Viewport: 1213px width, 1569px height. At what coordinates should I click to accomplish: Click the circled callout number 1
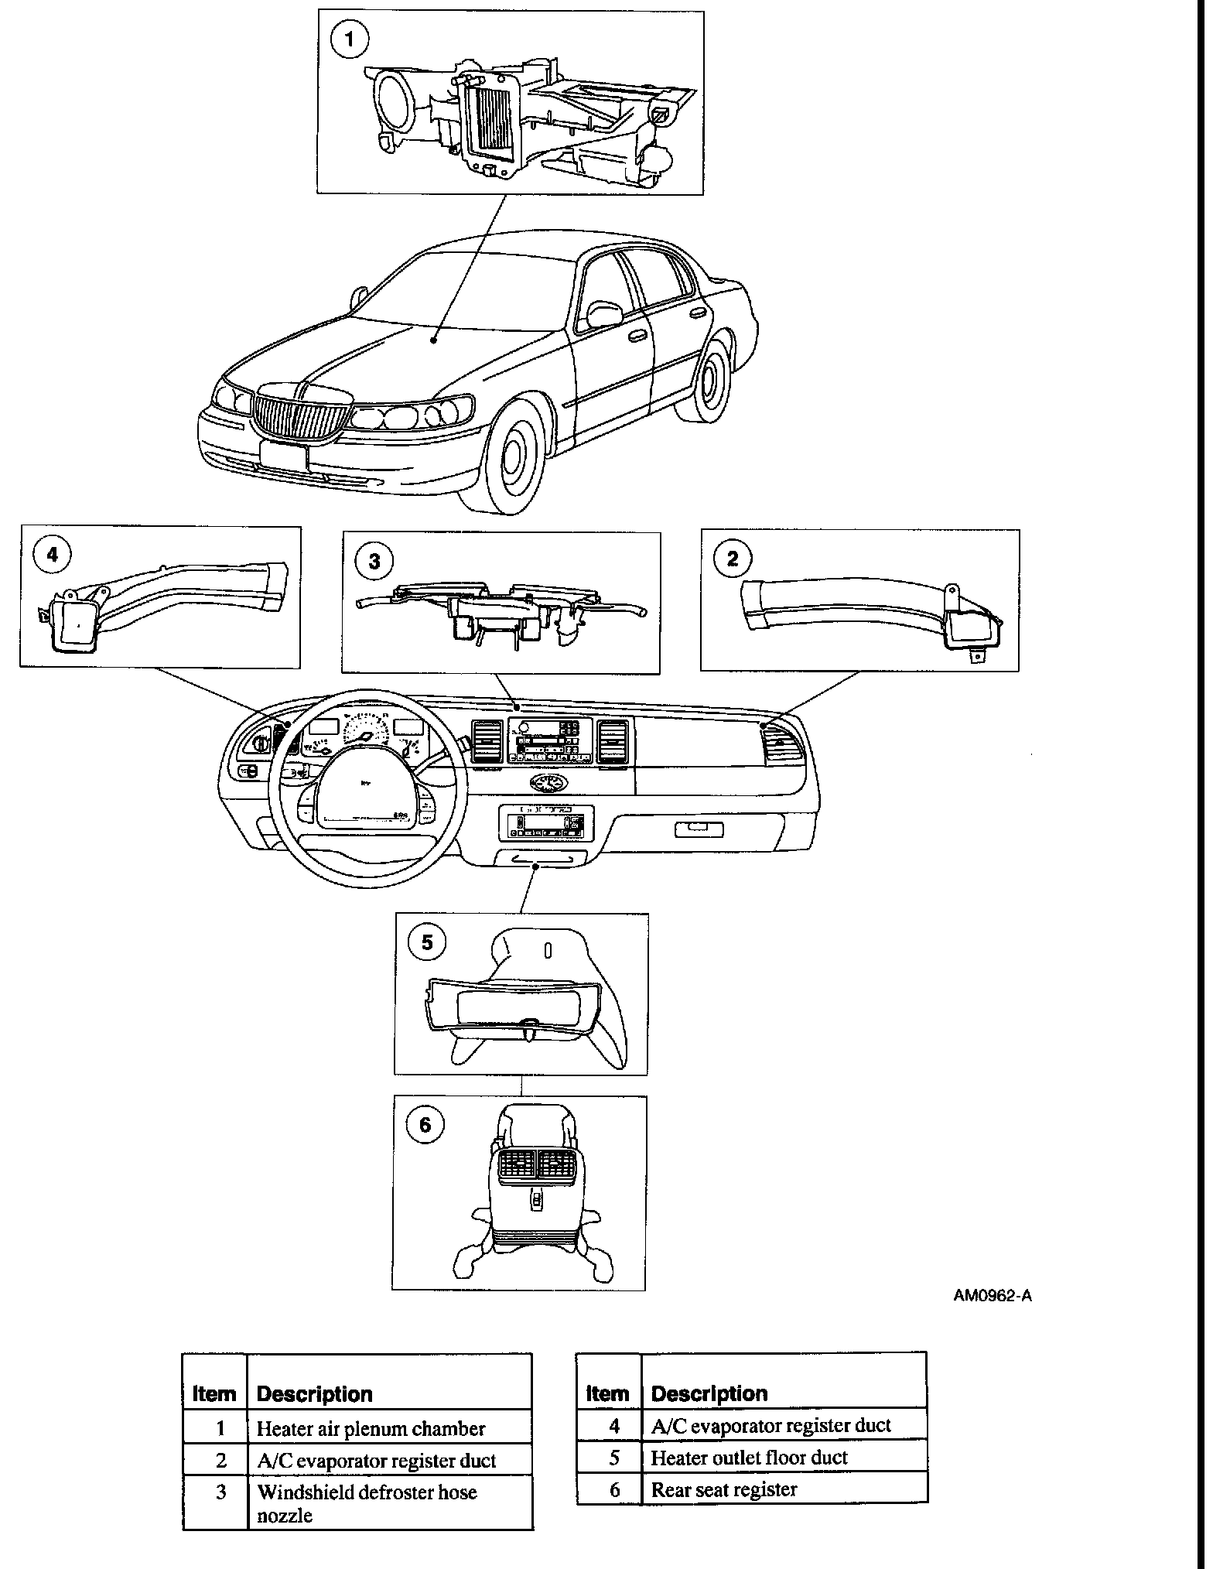350,39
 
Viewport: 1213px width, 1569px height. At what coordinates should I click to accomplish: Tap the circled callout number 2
733,558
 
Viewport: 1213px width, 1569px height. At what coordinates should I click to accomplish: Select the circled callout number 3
374,561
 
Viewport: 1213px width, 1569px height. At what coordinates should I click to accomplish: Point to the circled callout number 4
53,554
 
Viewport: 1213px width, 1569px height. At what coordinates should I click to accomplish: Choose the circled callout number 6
425,1123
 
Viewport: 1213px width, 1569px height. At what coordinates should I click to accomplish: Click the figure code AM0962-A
992,1296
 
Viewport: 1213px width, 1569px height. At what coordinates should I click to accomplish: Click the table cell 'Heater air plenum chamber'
371,1428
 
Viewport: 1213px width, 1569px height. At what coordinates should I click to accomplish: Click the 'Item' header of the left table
214,1394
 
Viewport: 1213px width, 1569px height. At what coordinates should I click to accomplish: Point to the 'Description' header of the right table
709,1393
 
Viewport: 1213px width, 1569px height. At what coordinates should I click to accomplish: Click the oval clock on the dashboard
548,783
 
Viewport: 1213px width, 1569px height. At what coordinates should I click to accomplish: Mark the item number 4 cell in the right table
614,1425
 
